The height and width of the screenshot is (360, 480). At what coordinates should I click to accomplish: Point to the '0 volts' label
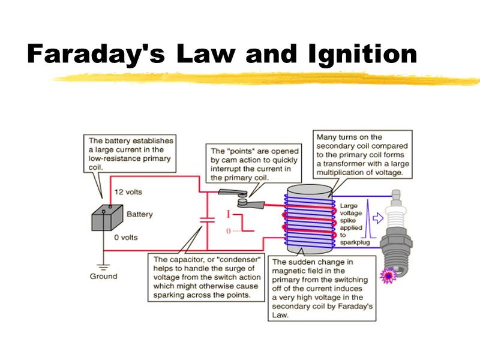pos(127,238)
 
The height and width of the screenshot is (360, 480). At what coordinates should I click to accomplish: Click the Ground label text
pos(104,277)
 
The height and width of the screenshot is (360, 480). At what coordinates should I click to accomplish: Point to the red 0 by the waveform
pos(227,230)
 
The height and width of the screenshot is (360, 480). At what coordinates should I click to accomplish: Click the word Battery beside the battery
pos(140,214)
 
